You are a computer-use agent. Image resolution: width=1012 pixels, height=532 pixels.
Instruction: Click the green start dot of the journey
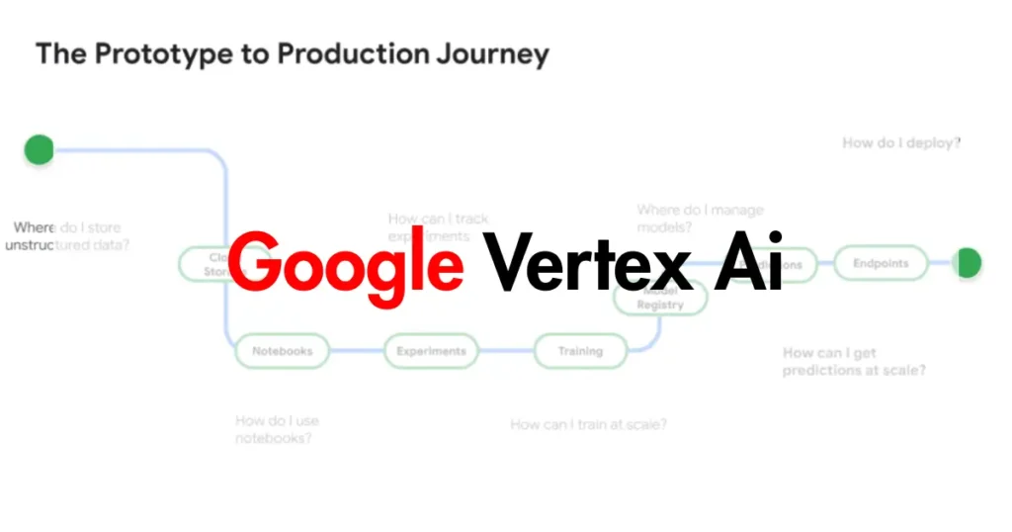pos(39,149)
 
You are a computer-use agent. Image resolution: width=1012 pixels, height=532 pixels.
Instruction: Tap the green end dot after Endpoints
pos(969,263)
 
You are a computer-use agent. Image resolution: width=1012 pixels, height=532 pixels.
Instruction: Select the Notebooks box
pos(282,351)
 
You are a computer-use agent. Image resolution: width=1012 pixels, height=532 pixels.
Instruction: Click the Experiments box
pos(431,351)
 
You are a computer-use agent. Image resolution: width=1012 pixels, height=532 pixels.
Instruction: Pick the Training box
pos(580,351)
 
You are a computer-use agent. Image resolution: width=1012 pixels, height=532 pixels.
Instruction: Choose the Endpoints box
pos(880,264)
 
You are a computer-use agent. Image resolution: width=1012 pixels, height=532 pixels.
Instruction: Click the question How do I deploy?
pos(901,143)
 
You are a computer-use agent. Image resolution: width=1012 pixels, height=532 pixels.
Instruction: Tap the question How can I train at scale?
pos(588,424)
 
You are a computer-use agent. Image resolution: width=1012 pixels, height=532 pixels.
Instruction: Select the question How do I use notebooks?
pos(277,429)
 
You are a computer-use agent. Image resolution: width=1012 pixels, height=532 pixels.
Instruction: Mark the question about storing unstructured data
pos(66,236)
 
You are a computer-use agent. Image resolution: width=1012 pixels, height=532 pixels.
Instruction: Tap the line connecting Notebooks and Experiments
pos(356,351)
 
